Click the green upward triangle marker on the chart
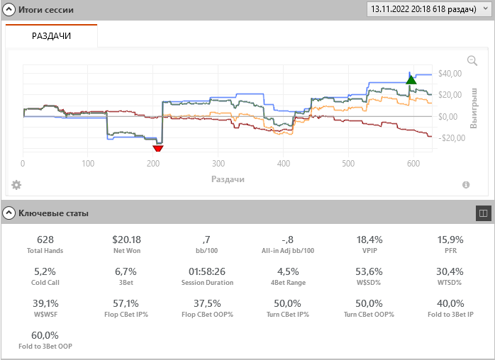coord(411,79)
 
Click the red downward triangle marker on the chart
coord(158,147)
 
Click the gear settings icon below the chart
coord(16,185)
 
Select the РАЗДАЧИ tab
coord(51,36)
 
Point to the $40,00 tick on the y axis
coord(450,74)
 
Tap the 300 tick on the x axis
coord(218,164)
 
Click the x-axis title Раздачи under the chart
coord(228,179)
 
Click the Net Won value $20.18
coord(127,240)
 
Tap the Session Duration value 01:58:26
coord(207,271)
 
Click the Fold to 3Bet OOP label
coord(45,346)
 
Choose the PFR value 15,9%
coord(451,240)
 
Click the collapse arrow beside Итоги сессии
coord(9,10)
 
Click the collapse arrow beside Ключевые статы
coord(9,213)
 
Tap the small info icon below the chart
coord(466,185)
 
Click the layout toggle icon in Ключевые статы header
coord(482,213)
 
